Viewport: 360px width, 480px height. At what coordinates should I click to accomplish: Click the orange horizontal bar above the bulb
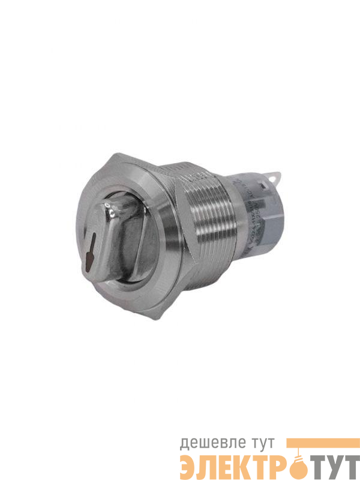(317, 442)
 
